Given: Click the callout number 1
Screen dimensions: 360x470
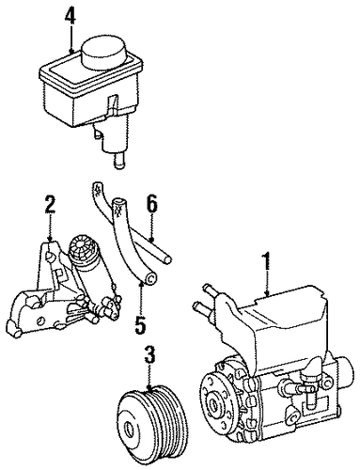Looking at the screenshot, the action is click(266, 262).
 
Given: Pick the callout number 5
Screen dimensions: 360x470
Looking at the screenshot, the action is click(140, 324).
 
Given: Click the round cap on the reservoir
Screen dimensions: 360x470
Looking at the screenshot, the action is click(104, 52).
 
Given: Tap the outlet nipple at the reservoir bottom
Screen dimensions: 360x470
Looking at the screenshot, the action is click(118, 162).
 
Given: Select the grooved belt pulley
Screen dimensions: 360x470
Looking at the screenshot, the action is click(149, 422).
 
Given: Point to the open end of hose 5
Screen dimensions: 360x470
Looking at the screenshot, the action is click(151, 278).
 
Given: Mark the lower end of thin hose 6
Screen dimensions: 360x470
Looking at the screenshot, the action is click(168, 258).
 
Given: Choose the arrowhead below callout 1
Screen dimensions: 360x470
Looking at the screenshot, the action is click(266, 293).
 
